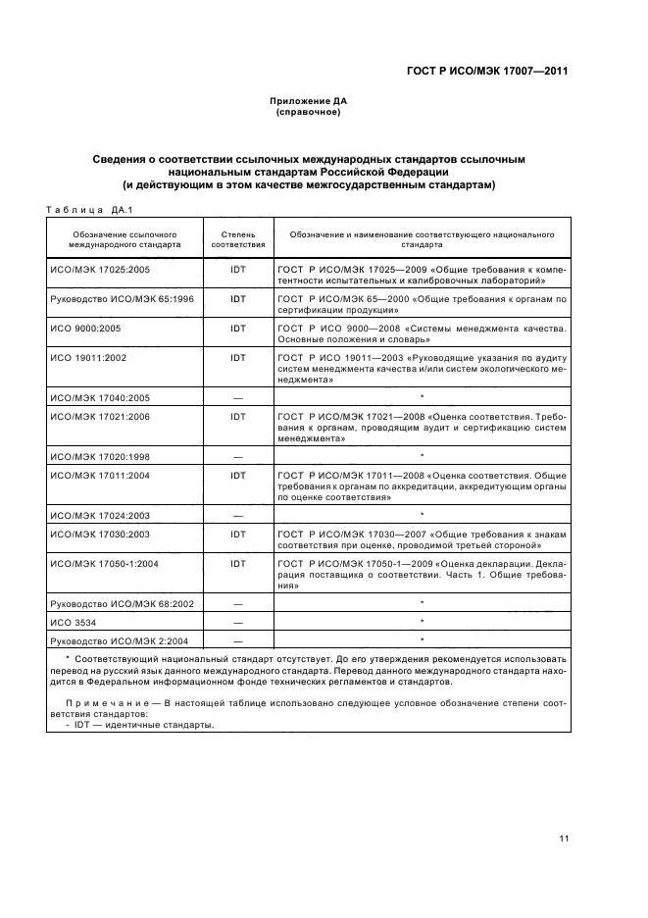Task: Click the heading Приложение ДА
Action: pos(309,101)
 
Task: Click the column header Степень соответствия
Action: pos(237,239)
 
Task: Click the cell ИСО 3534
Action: pos(71,623)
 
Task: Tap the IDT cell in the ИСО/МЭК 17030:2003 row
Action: pos(237,535)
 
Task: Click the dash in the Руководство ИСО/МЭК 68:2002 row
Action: pos(237,604)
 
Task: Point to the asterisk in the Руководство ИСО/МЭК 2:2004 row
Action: pos(421,640)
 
